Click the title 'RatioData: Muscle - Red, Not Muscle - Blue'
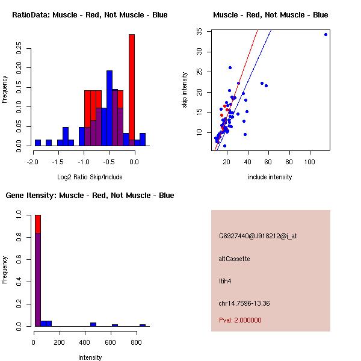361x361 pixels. [x=90, y=14]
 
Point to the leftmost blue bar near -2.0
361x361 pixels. [x=38, y=143]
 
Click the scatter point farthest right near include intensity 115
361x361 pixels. [x=326, y=34]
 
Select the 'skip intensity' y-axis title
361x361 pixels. [x=185, y=90]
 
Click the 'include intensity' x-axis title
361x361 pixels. [x=270, y=177]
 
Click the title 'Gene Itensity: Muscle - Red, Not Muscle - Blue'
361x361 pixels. [x=90, y=196]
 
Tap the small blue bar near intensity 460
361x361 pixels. [x=93, y=324]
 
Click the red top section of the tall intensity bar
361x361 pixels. [x=38, y=223]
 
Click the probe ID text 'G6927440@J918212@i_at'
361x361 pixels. [x=258, y=236]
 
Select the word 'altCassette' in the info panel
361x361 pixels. [x=235, y=259]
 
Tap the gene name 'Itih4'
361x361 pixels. [x=225, y=280]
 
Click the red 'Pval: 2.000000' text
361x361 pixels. [x=240, y=320]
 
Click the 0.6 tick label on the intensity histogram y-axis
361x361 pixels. [x=20, y=259]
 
